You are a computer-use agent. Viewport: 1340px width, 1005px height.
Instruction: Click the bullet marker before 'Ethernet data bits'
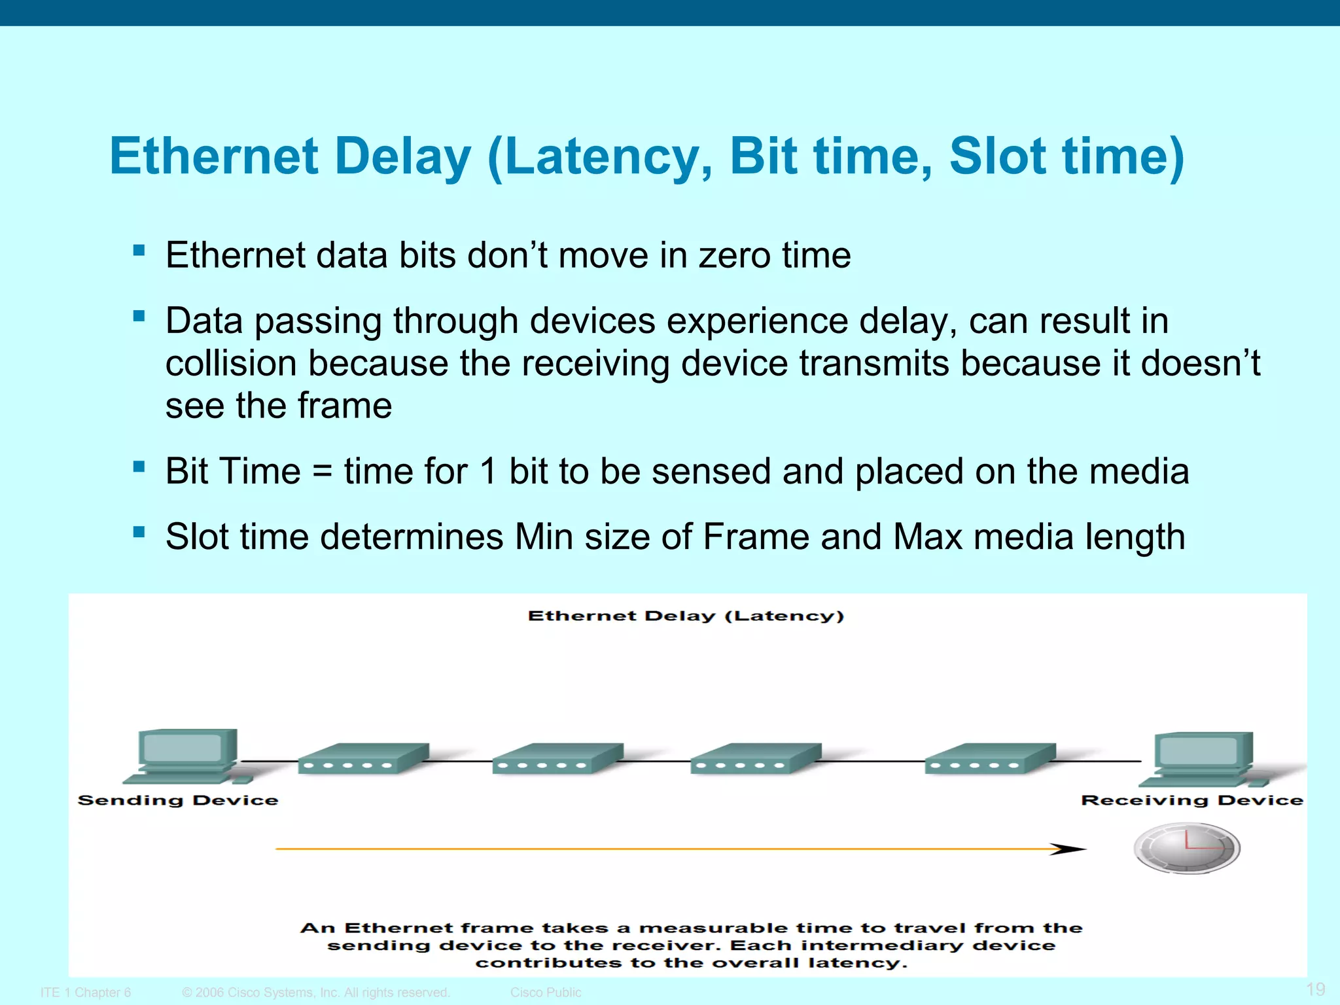(x=139, y=251)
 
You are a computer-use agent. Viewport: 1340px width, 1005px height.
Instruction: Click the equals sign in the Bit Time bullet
(x=322, y=471)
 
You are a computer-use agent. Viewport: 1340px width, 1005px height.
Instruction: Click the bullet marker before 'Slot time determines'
(x=139, y=531)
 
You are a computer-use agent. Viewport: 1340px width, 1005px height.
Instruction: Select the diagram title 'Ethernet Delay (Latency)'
(x=686, y=616)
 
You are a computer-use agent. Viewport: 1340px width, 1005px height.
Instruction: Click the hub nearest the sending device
(x=362, y=759)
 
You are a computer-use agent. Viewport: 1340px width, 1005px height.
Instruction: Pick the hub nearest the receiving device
(x=989, y=759)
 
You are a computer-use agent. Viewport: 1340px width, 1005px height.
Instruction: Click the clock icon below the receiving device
(x=1186, y=848)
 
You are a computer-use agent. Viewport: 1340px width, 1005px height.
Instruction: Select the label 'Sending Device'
(x=178, y=800)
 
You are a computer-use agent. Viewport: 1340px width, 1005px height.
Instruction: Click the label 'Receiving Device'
(x=1191, y=800)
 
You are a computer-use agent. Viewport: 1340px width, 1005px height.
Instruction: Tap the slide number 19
(x=1315, y=989)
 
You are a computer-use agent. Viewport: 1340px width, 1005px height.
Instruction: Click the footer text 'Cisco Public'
(x=545, y=993)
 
